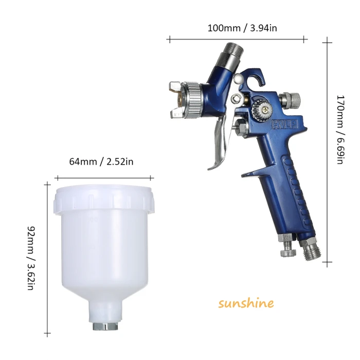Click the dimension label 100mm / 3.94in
(x=242, y=28)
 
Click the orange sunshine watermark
(x=246, y=303)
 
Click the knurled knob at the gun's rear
(x=291, y=99)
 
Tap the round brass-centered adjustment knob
(x=260, y=107)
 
